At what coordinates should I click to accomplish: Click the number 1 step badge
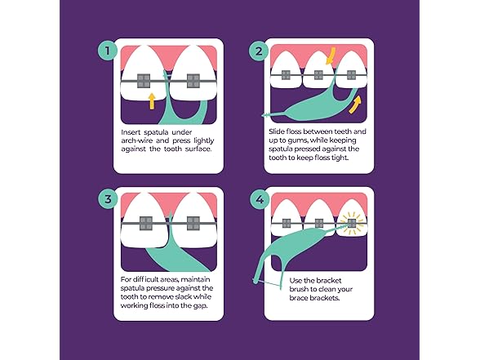tap(105, 50)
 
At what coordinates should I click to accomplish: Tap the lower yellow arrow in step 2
tap(356, 103)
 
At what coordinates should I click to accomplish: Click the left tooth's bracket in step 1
tap(143, 80)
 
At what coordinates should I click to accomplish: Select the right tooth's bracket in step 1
tap(193, 80)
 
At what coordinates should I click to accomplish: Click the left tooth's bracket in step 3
tap(143, 222)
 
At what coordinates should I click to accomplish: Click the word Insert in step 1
tap(131, 132)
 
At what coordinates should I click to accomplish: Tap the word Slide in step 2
tap(277, 131)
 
